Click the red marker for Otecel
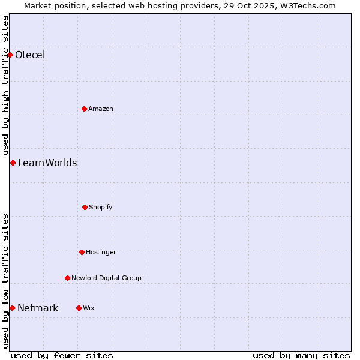point(10,55)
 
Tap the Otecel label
point(30,55)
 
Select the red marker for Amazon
point(84,109)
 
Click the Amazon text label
point(101,109)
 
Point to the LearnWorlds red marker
point(13,163)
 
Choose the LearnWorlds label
point(47,163)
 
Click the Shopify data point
point(85,207)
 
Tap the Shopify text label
point(101,207)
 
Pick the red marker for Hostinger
point(82,252)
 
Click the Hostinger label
point(101,252)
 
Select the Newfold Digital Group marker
point(67,278)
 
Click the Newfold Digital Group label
point(106,278)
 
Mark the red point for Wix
point(79,308)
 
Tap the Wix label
point(89,308)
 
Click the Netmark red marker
point(12,308)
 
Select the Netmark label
point(38,308)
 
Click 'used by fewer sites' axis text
point(62,355)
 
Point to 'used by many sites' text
point(301,355)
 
